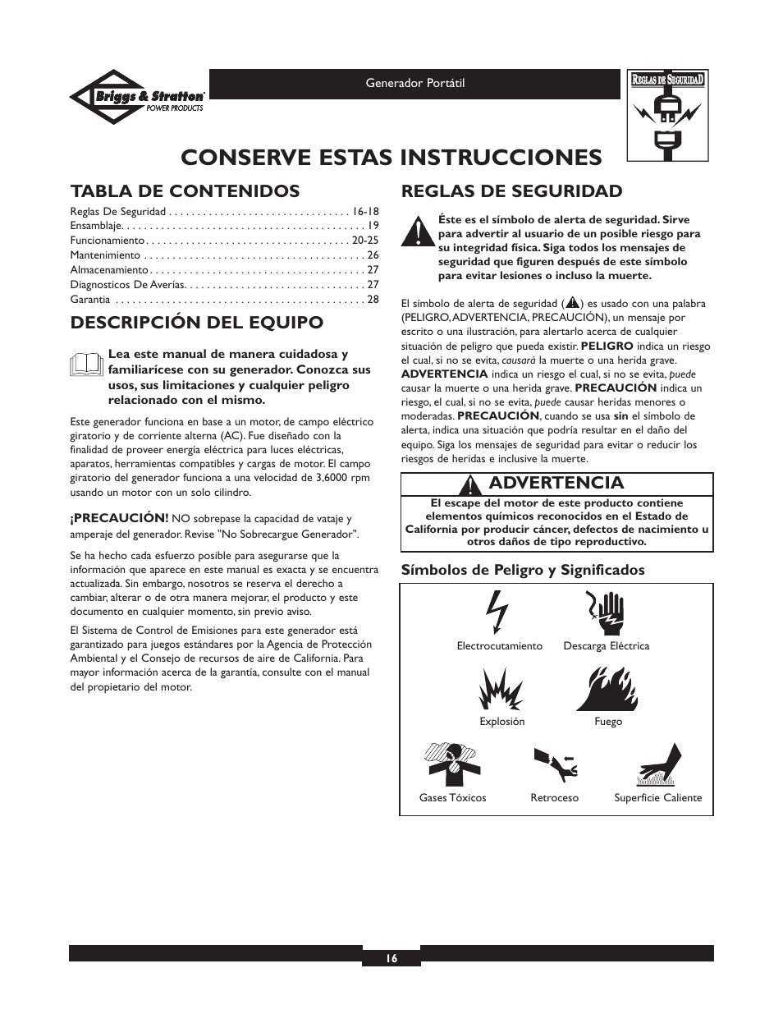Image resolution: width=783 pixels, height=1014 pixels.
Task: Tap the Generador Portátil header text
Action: pos(414,84)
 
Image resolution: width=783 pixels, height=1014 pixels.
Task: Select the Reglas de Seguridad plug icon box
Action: pos(668,115)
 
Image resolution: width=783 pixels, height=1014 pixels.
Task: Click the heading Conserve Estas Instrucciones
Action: pos(391,156)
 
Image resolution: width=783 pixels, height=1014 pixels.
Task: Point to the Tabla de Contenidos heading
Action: pos(185,191)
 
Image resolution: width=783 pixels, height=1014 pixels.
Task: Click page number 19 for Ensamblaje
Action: pos(373,225)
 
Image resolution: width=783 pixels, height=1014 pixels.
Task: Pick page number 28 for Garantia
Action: pos(373,299)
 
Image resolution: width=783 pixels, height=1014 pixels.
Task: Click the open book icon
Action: pos(87,365)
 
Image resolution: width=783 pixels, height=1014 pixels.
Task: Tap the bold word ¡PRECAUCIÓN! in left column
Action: pos(119,518)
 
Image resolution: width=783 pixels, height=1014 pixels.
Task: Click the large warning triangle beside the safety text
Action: pos(417,232)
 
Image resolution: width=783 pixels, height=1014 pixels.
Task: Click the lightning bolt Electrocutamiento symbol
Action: pos(498,613)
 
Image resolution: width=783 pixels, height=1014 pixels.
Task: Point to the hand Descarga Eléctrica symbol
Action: pos(606,613)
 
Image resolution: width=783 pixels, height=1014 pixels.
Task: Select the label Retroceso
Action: pos(554,797)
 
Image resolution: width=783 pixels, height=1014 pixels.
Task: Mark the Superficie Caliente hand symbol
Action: pos(659,764)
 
